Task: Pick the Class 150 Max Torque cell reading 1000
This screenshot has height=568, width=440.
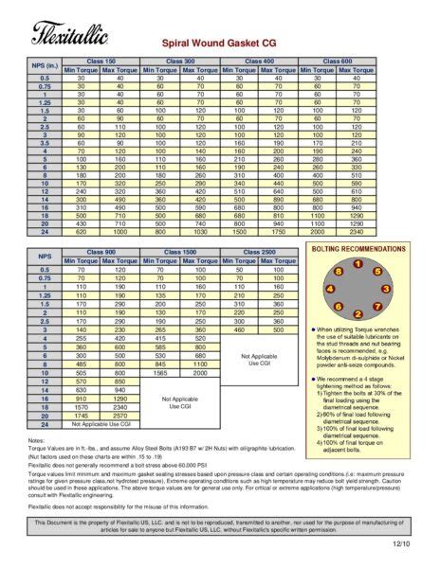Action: coord(120,232)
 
